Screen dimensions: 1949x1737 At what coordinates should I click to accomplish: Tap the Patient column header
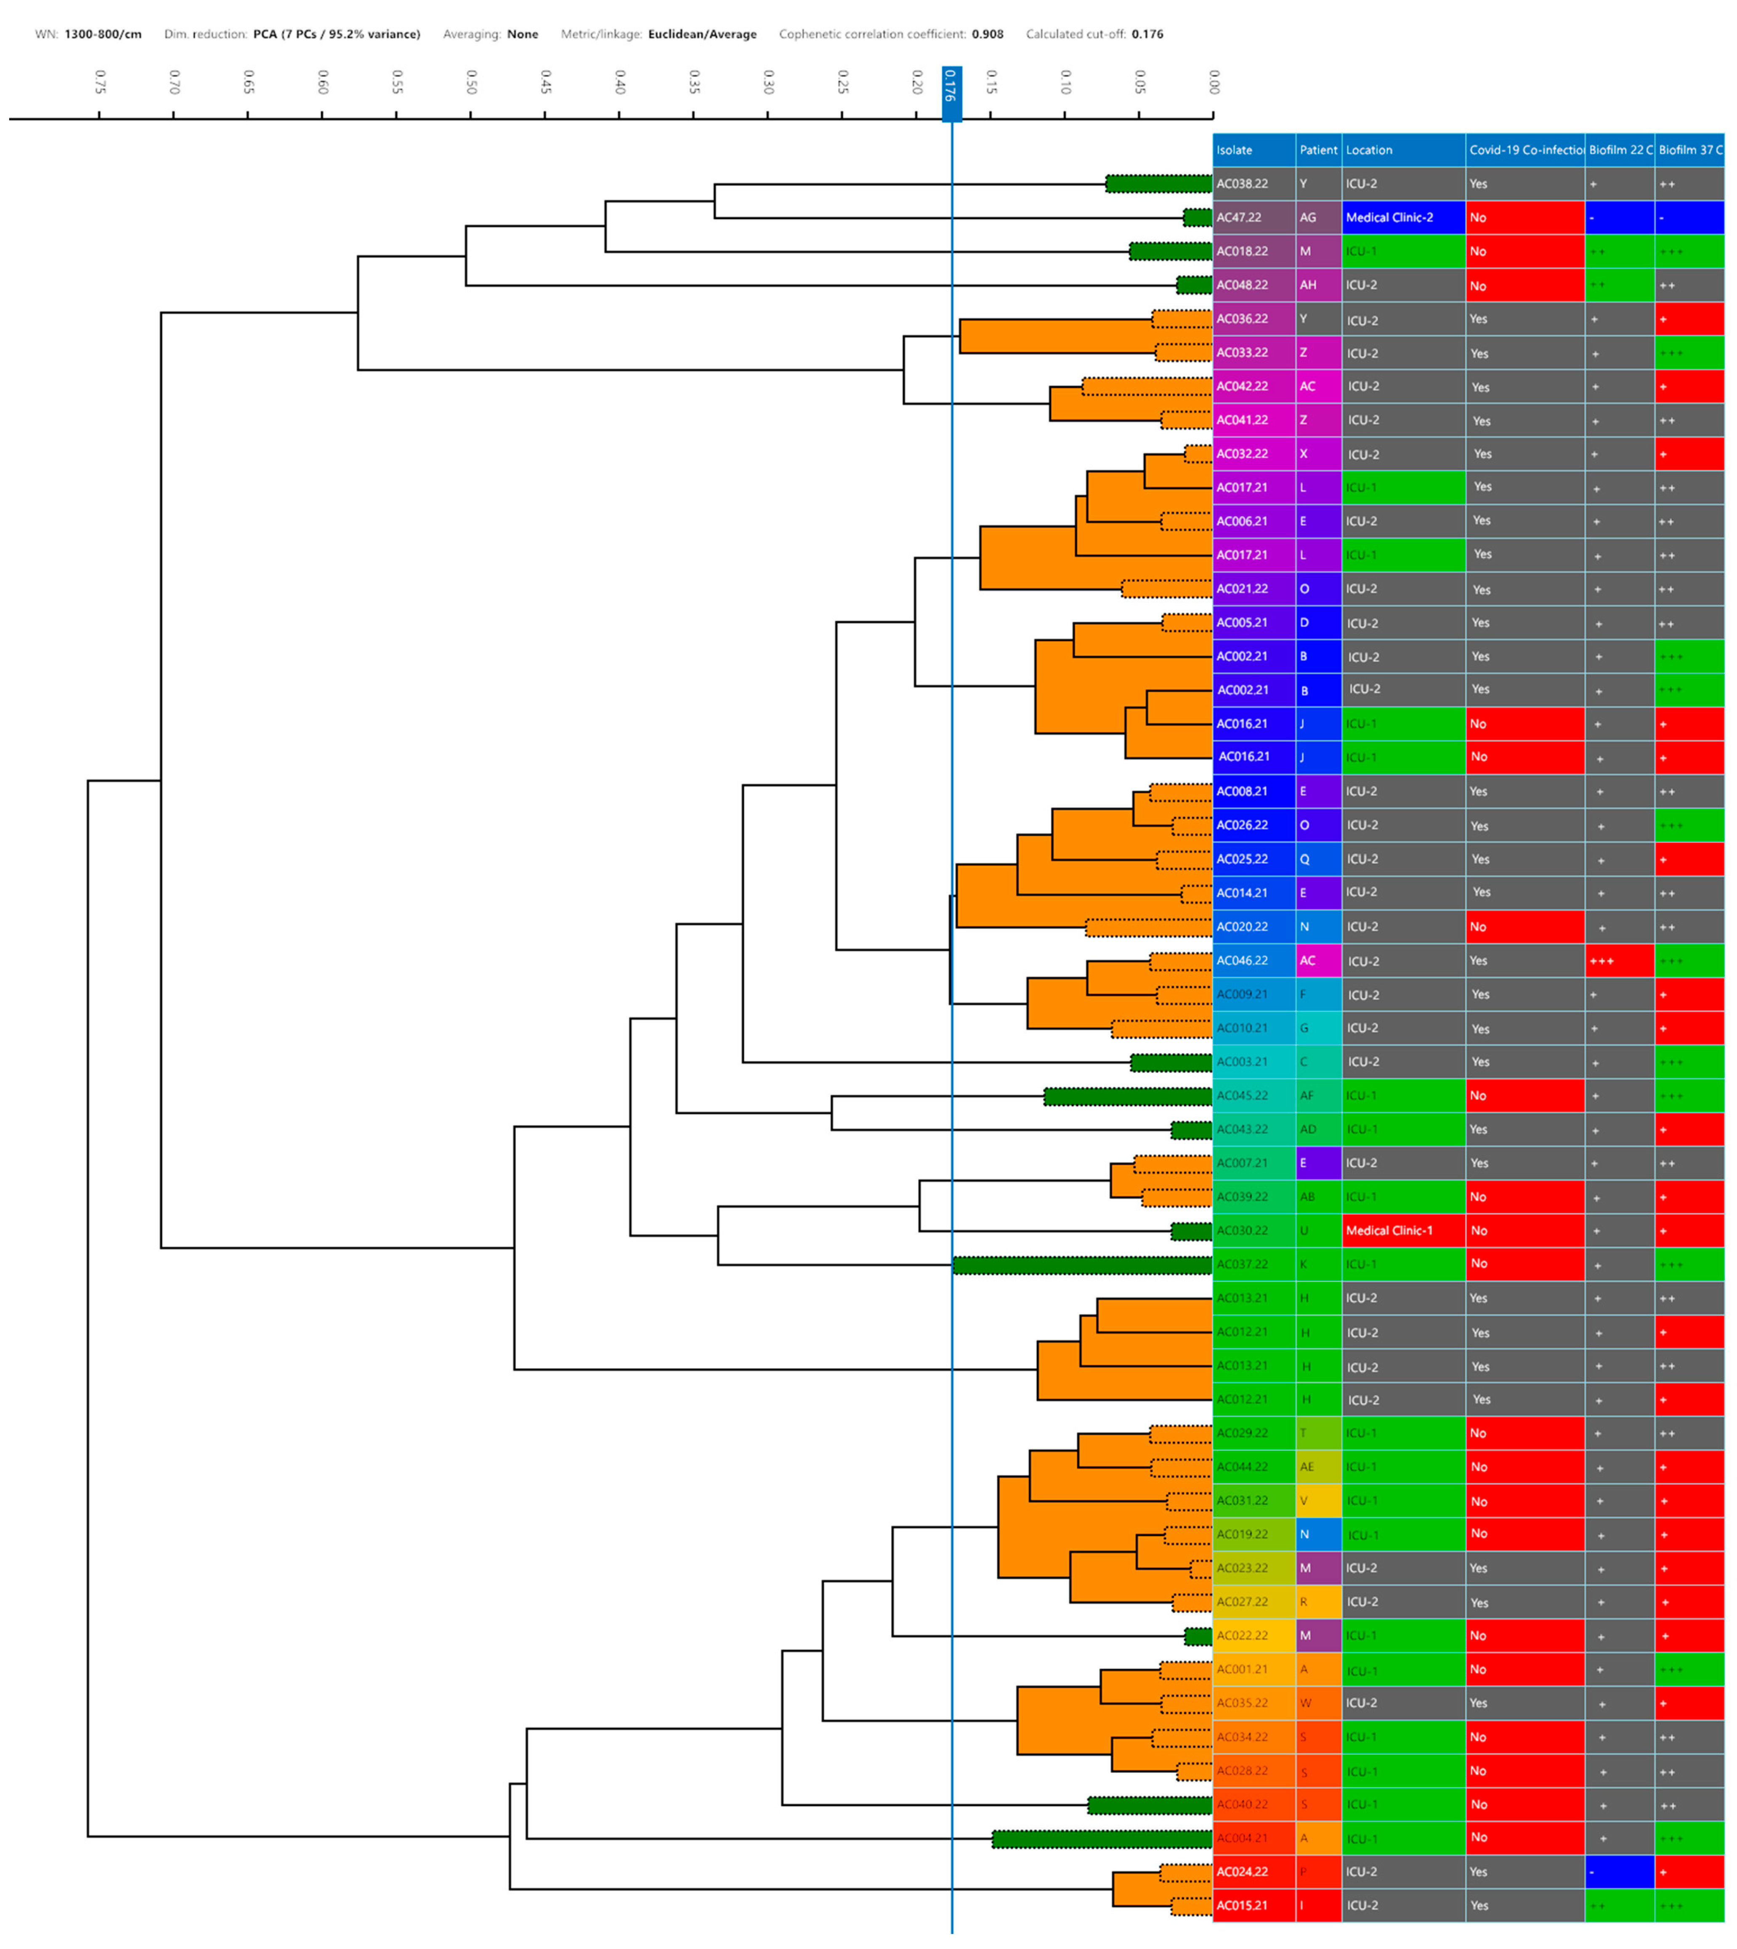pyautogui.click(x=1318, y=150)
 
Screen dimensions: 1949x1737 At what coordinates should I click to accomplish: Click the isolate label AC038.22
pyautogui.click(x=1242, y=184)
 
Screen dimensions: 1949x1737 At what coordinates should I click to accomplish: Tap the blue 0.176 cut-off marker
pyautogui.click(x=951, y=93)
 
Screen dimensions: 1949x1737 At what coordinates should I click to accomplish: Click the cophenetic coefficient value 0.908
pyautogui.click(x=988, y=34)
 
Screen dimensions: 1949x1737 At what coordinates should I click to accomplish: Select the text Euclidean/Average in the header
pyautogui.click(x=702, y=34)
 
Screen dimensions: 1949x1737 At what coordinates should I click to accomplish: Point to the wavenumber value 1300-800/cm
pyautogui.click(x=103, y=34)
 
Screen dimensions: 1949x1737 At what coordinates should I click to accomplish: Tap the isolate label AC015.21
pyautogui.click(x=1242, y=1905)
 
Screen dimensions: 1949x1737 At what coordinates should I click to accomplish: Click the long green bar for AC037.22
pyautogui.click(x=1082, y=1265)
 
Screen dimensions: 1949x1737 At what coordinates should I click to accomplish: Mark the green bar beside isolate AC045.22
pyautogui.click(x=1128, y=1096)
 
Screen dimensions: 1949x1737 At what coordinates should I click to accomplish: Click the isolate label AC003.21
pyautogui.click(x=1242, y=1062)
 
